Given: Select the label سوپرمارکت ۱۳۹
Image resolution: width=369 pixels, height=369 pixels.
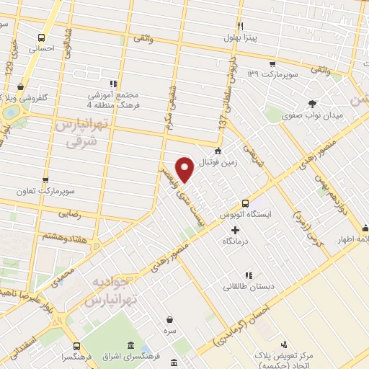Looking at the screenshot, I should pos(270,74).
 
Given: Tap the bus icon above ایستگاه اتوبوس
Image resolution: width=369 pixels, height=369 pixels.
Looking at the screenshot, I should pos(246,203).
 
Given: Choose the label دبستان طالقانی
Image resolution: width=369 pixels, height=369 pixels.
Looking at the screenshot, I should pos(249,286).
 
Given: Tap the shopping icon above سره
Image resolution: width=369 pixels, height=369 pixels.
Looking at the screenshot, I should pos(169,319).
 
